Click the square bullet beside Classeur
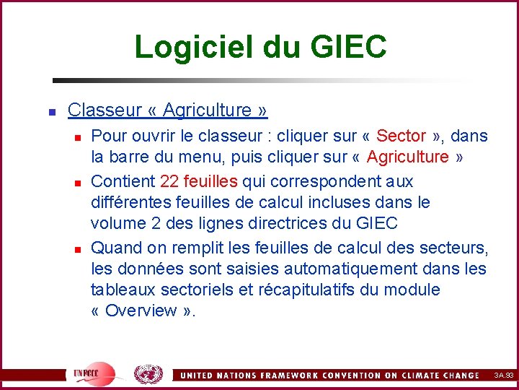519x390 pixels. pyautogui.click(x=52, y=111)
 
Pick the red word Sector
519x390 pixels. pyautogui.click(x=402, y=136)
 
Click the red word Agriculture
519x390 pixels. pyautogui.click(x=407, y=157)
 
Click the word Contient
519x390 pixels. pyautogui.click(x=123, y=181)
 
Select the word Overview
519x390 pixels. pyautogui.click(x=141, y=311)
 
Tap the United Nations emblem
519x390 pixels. pyautogui.click(x=148, y=373)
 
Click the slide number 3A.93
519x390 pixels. pyautogui.click(x=503, y=376)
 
